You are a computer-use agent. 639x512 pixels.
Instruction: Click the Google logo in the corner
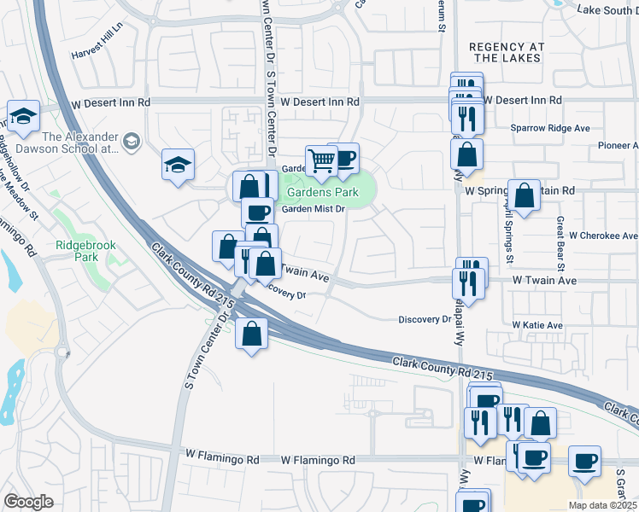tap(28, 502)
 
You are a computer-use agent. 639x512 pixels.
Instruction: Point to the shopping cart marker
tap(321, 160)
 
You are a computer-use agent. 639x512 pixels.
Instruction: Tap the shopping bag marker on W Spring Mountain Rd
tap(524, 195)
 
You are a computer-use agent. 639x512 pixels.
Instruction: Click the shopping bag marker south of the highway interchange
tap(252, 334)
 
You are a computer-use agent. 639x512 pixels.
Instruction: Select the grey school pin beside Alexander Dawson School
tap(131, 140)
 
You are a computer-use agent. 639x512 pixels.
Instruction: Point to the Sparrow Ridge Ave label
tap(550, 128)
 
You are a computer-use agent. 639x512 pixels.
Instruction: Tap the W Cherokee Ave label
tap(603, 236)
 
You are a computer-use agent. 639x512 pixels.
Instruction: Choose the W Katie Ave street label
tap(537, 325)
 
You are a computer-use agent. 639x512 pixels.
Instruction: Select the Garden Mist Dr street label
tap(313, 208)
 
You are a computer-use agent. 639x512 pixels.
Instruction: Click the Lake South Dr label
tap(607, 9)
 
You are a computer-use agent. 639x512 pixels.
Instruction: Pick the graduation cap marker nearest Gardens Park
tap(179, 163)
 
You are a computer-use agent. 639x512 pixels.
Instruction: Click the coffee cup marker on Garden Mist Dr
tap(257, 211)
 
